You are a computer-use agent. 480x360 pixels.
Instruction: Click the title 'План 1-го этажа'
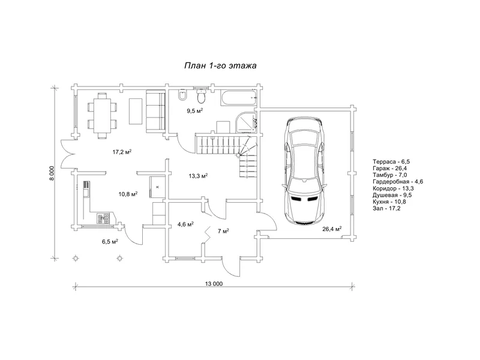(220, 66)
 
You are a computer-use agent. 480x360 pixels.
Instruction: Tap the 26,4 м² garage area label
(332, 229)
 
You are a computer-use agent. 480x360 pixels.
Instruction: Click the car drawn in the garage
(304, 172)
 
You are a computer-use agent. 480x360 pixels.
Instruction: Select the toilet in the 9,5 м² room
(202, 95)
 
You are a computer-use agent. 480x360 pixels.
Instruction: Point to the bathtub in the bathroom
(239, 98)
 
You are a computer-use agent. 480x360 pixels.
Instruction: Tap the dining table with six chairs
(102, 116)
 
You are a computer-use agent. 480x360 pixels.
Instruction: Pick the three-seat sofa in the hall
(155, 111)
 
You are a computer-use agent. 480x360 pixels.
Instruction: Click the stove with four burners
(104, 218)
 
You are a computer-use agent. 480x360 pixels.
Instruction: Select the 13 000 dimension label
(214, 284)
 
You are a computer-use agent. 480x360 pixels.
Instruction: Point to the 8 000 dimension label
(52, 173)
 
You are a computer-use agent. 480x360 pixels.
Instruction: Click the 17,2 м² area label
(122, 152)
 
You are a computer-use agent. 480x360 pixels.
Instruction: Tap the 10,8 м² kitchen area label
(128, 194)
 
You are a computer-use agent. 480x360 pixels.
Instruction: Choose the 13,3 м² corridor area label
(198, 176)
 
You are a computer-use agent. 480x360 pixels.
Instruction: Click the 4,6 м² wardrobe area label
(185, 224)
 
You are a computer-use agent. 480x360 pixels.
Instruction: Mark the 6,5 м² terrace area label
(110, 242)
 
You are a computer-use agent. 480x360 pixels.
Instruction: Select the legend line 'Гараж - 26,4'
(389, 169)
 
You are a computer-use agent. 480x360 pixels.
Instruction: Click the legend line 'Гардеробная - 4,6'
(398, 182)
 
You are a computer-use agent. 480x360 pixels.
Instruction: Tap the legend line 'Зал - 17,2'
(386, 209)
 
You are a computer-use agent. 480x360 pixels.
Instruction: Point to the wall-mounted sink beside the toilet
(182, 95)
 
